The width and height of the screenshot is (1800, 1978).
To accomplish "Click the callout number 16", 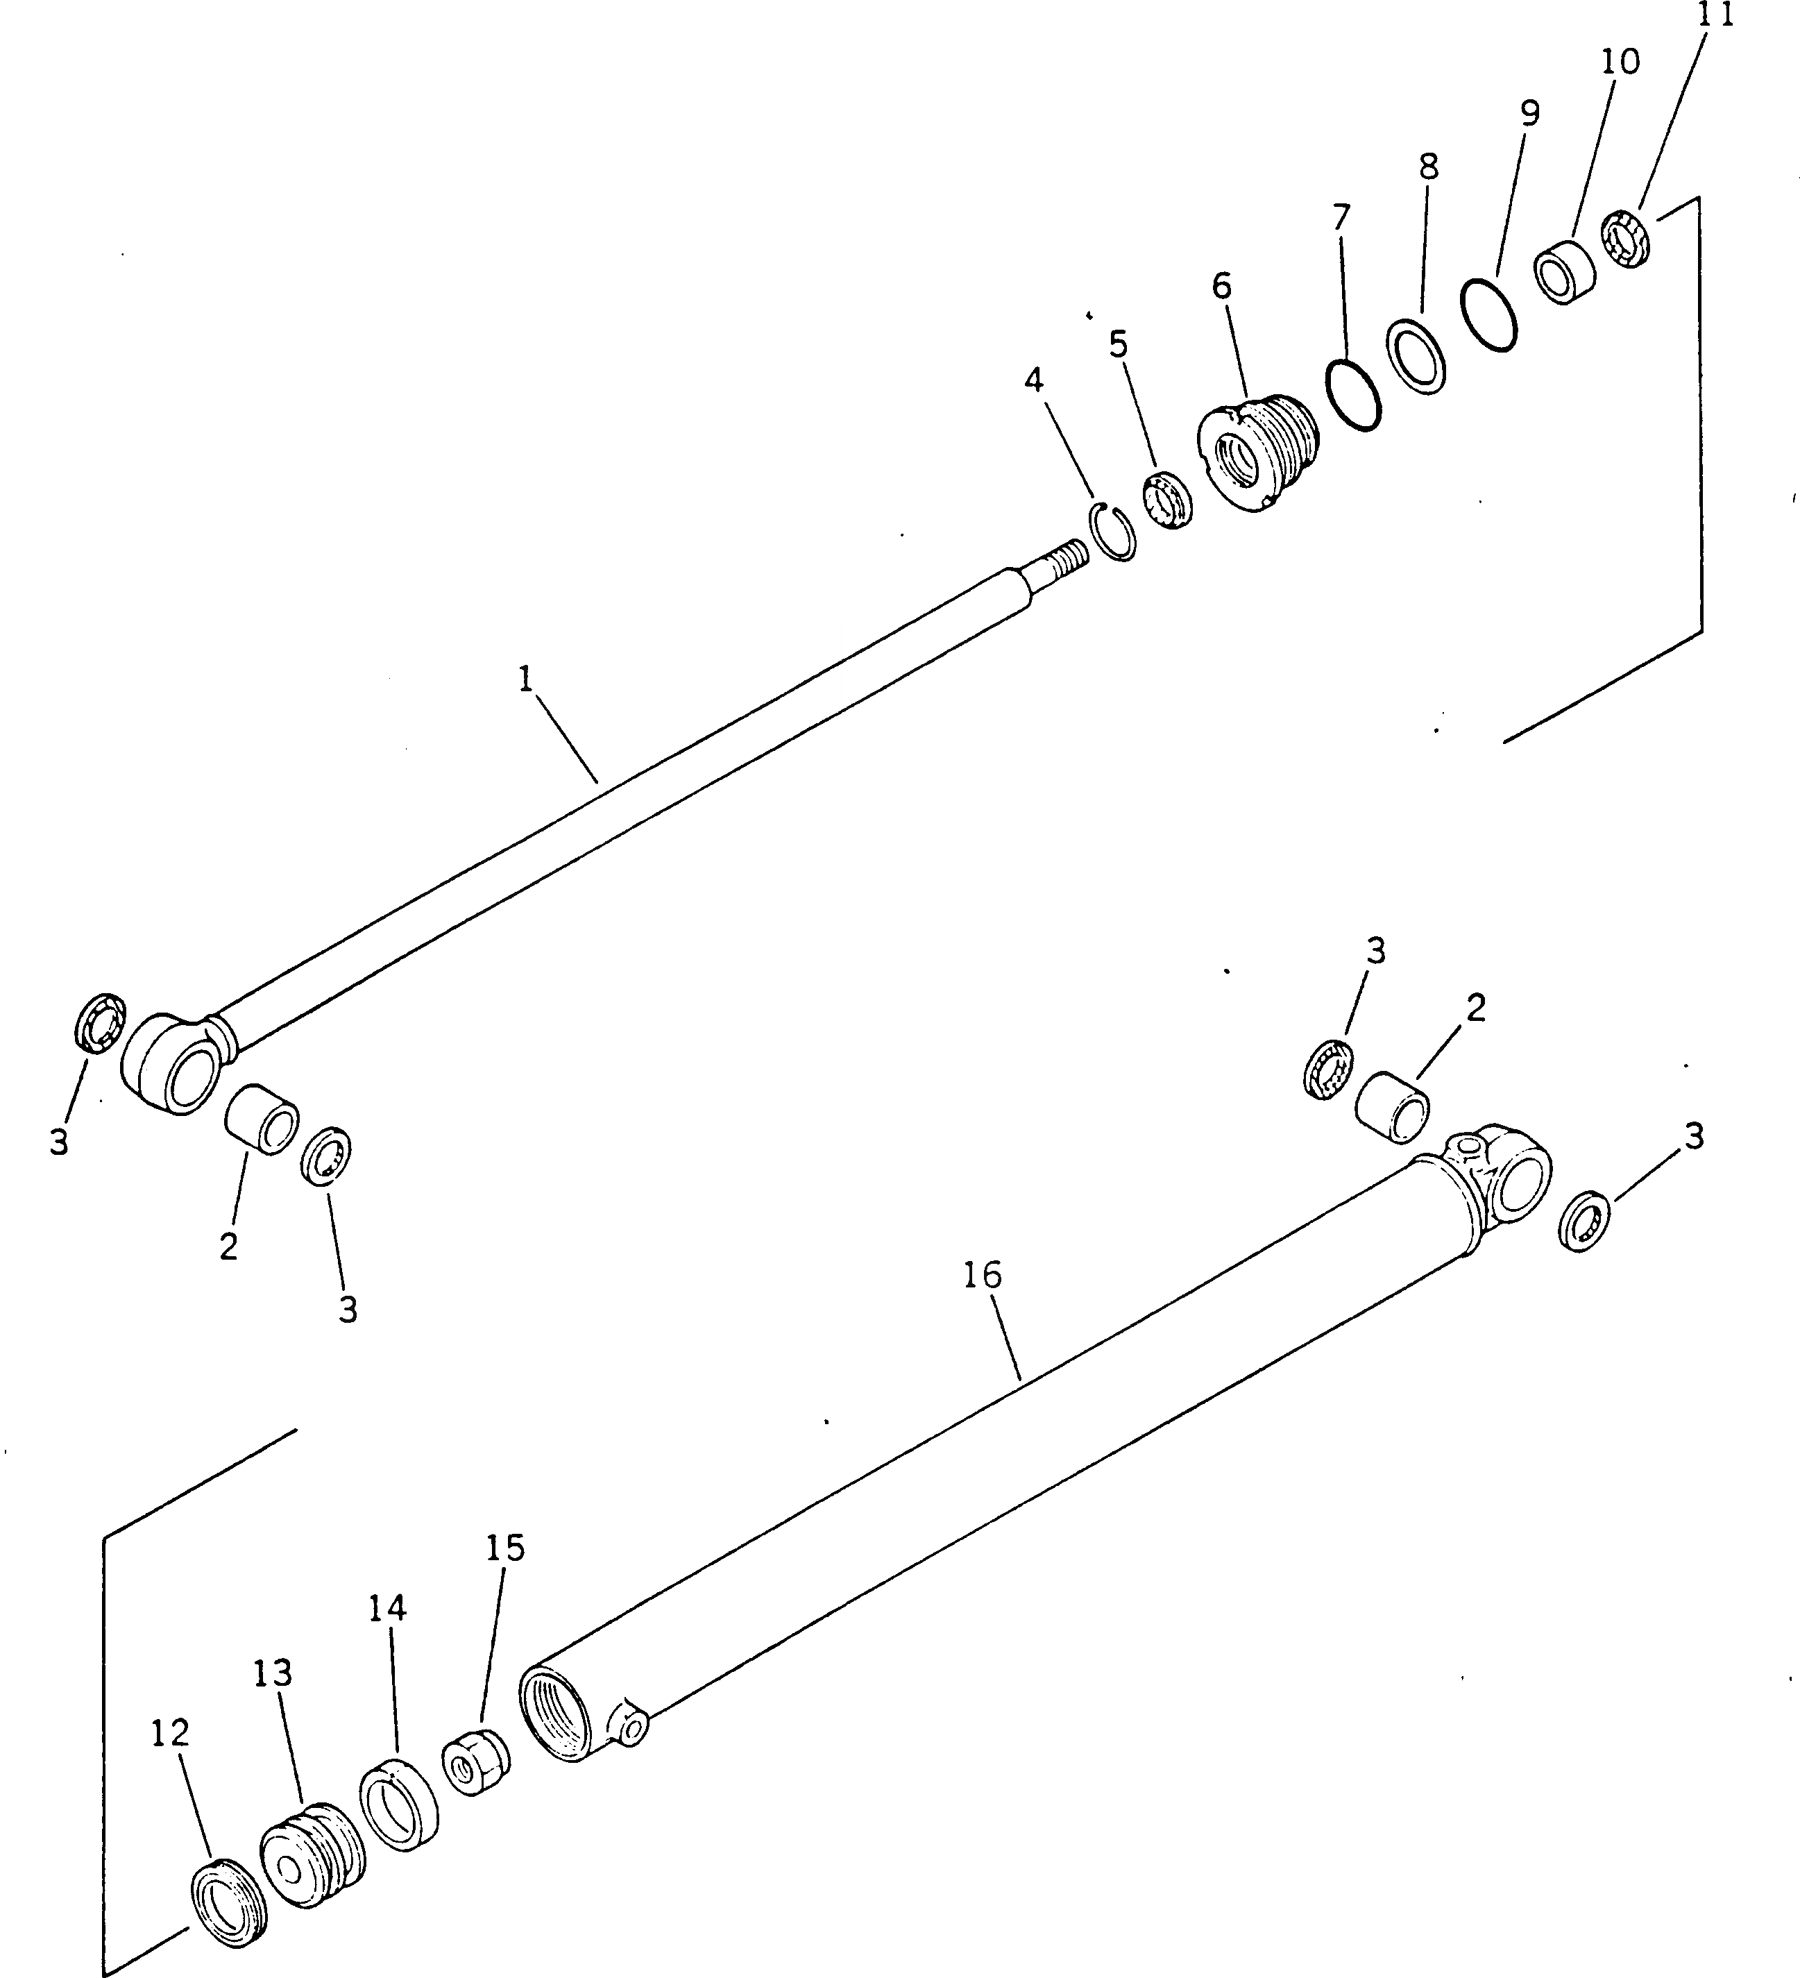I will pyautogui.click(x=982, y=1276).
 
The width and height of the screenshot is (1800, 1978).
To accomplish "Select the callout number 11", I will pyautogui.click(x=1715, y=17).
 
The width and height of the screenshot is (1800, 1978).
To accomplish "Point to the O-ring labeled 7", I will pyautogui.click(x=1354, y=396).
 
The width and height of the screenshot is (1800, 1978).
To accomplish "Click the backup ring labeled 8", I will pyautogui.click(x=1416, y=355).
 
